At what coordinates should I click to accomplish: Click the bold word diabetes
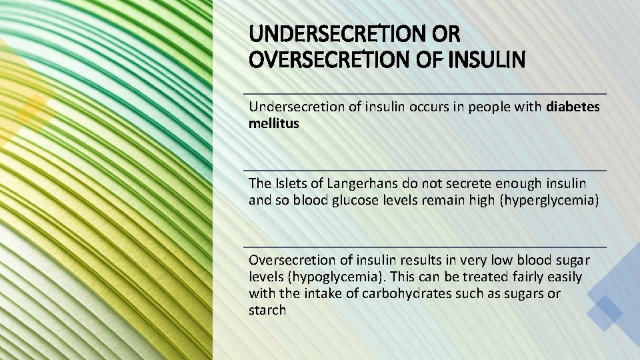coord(573,107)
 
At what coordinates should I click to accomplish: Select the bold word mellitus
coord(273,123)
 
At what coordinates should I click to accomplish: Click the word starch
coord(267,310)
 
